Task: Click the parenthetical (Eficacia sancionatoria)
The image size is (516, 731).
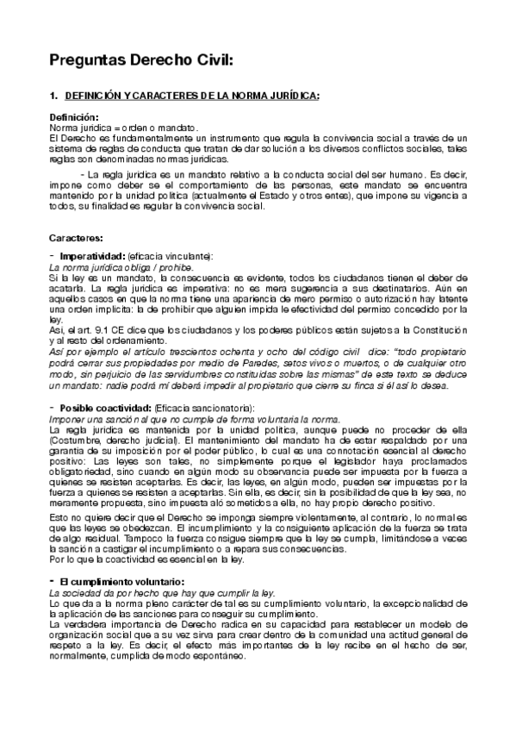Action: point(207,407)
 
